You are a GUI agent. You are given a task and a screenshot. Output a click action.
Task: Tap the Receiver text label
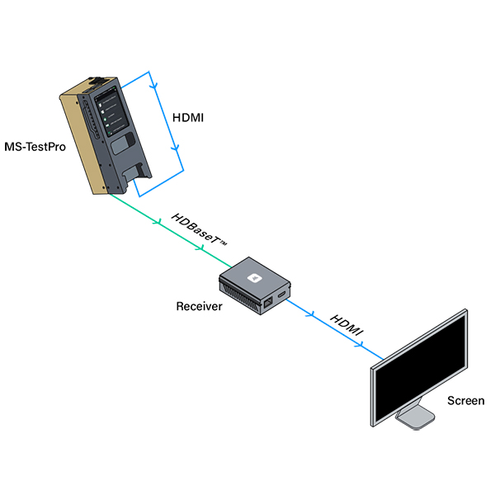point(199,307)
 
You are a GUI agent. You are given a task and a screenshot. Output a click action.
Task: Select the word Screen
point(466,401)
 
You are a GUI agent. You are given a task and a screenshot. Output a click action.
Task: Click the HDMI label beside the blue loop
point(189,118)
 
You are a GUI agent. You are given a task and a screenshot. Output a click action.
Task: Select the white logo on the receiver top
point(255,277)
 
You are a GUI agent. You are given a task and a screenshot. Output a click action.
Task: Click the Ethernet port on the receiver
point(269,303)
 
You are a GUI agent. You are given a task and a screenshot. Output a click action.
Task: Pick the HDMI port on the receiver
point(283,294)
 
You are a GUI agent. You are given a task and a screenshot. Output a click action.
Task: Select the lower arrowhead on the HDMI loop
point(175,149)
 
